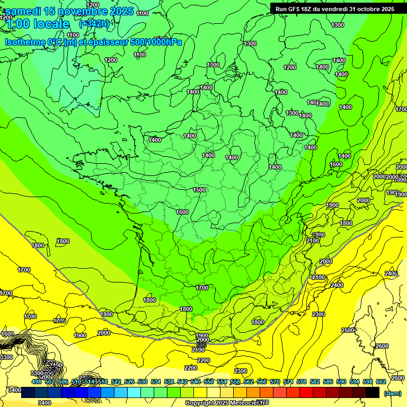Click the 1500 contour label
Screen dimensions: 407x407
click(199, 190)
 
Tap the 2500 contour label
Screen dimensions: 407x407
click(348, 330)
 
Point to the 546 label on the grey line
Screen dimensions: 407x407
click(201, 345)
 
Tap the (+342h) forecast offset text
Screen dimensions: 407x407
click(94, 23)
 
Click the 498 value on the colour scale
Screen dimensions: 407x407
click(36, 382)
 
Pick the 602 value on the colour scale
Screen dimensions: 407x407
click(381, 382)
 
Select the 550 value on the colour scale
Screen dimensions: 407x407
click(208, 382)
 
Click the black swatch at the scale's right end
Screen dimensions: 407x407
click(373, 392)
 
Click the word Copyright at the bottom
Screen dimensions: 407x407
click(201, 403)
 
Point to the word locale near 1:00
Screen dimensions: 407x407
click(51, 24)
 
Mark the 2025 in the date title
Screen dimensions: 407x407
click(122, 11)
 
